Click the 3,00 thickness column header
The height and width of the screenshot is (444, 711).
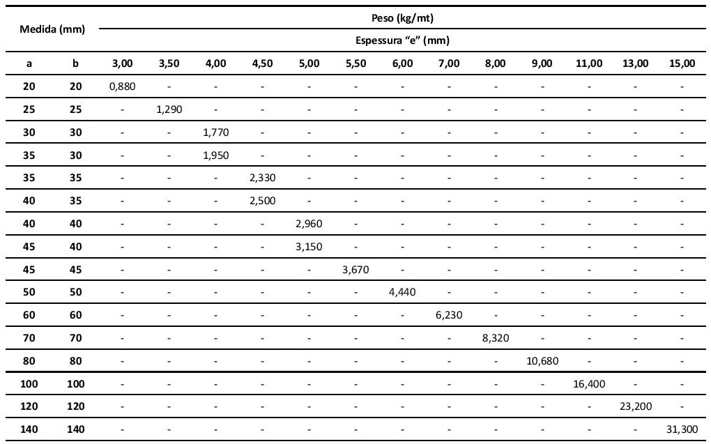pos(122,63)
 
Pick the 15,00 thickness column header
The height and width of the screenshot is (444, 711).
pos(682,63)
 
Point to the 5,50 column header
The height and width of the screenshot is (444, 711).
pos(355,63)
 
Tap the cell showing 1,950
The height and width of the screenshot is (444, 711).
pos(215,155)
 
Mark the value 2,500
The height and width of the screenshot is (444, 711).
pos(262,201)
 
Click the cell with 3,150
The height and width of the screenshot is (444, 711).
pos(309,246)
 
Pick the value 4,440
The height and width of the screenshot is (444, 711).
pos(402,292)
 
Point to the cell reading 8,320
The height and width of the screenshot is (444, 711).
pos(496,338)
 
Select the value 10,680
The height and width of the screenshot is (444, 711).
pos(542,361)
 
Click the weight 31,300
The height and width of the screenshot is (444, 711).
pos(682,429)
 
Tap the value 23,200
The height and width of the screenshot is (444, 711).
pos(635,406)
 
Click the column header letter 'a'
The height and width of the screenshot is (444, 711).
pos(29,63)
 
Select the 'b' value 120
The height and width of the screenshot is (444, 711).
pos(76,406)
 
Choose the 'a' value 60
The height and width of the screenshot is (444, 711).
pos(29,315)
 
